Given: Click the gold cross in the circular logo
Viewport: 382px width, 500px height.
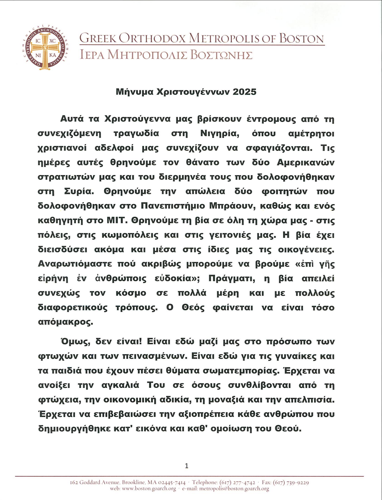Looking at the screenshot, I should click(x=45, y=48).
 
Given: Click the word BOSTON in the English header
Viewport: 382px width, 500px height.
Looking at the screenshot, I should click(x=301, y=39).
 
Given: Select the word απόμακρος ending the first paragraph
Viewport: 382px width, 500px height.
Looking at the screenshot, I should click(x=65, y=322).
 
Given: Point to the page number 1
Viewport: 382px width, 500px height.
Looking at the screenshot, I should click(x=186, y=466).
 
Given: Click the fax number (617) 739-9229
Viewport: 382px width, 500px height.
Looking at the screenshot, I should click(x=291, y=482).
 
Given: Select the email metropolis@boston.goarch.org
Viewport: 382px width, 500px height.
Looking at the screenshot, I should click(x=234, y=488).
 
